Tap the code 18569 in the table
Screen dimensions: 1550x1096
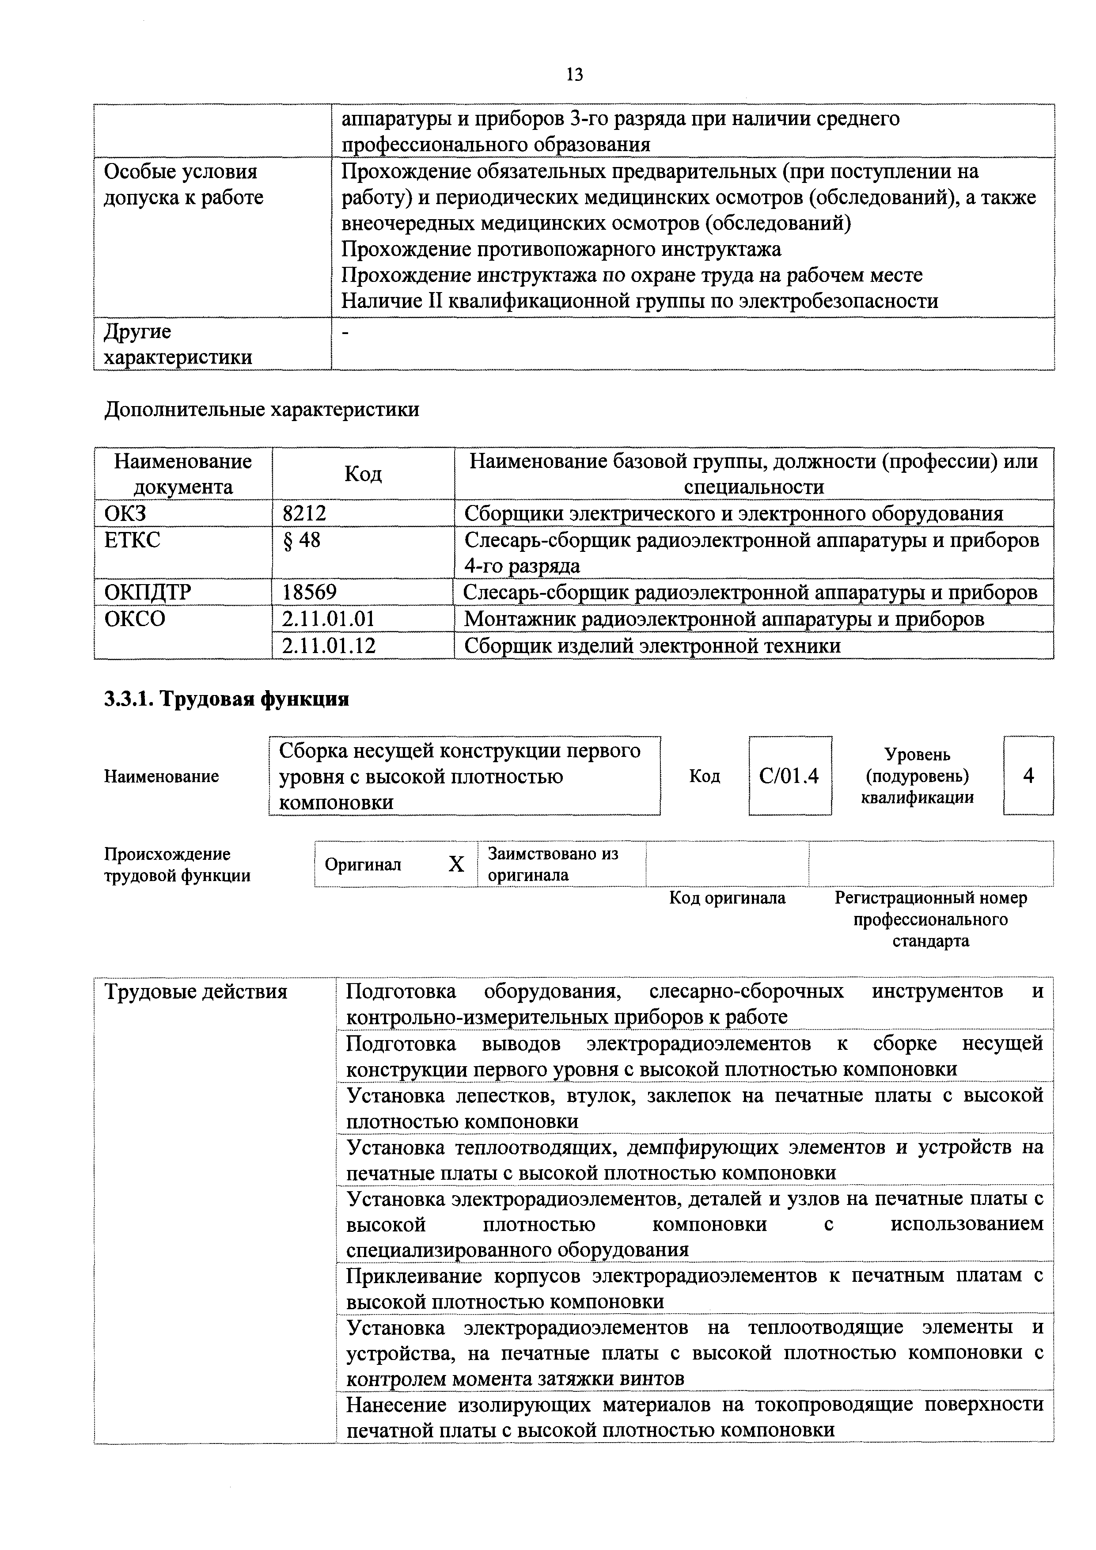309,592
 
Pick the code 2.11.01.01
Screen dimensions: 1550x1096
328,619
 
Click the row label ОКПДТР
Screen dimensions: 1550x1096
148,592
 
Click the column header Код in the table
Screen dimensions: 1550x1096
363,474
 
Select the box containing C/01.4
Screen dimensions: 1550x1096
789,776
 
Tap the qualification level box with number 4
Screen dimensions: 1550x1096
1028,776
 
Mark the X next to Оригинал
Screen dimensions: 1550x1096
456,864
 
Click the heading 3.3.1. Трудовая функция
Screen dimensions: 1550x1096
226,699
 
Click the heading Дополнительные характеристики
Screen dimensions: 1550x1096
262,409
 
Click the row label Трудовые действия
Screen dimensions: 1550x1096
196,992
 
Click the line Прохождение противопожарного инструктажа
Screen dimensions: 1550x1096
561,249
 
